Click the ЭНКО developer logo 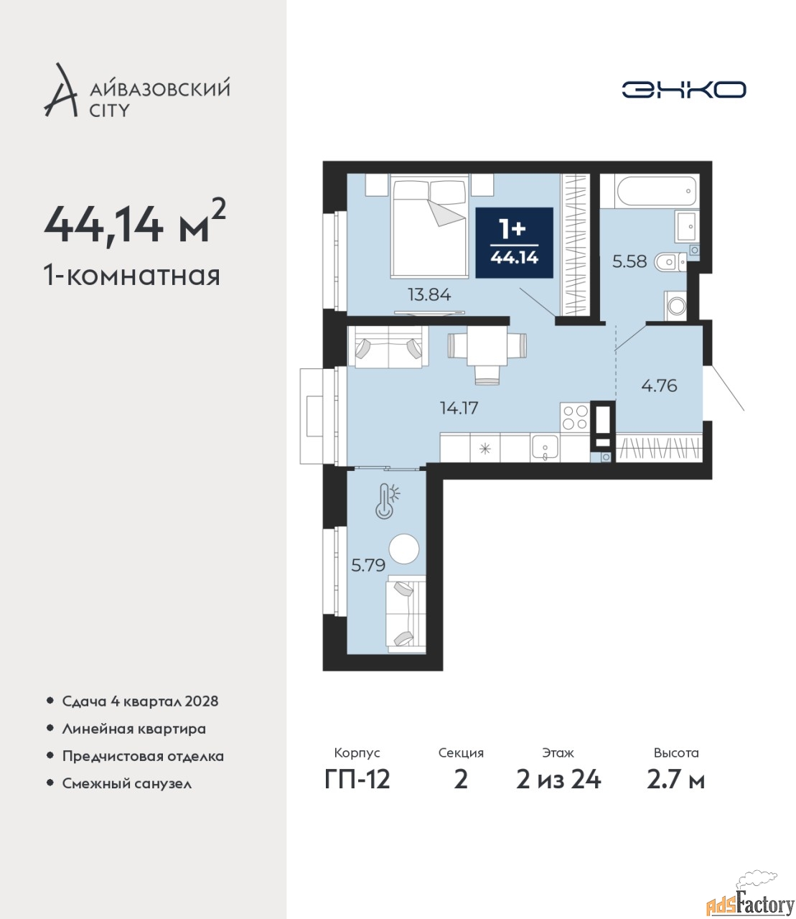pyautogui.click(x=683, y=89)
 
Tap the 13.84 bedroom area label pyautogui.click(x=429, y=294)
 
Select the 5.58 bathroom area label pyautogui.click(x=629, y=261)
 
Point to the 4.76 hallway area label pyautogui.click(x=659, y=386)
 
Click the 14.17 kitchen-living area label pyautogui.click(x=459, y=408)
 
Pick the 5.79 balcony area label pyautogui.click(x=368, y=566)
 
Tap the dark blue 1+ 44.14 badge pyautogui.click(x=514, y=242)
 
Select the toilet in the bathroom pyautogui.click(x=670, y=261)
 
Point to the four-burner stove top pyautogui.click(x=575, y=416)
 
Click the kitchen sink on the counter pyautogui.click(x=545, y=448)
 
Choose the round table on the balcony pyautogui.click(x=403, y=549)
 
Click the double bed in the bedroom pyautogui.click(x=429, y=226)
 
